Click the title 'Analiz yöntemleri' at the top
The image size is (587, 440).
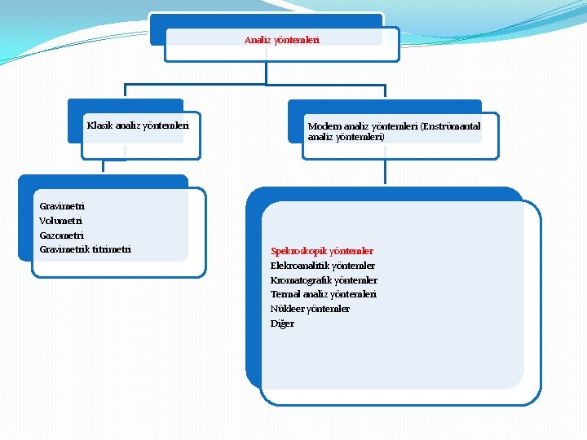tap(282, 39)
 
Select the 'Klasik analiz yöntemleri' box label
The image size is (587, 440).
tap(138, 125)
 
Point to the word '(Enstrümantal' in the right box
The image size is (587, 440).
tap(451, 126)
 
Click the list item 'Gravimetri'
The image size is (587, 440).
tap(62, 206)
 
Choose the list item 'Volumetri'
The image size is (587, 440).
tap(61, 221)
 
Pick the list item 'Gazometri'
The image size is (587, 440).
tap(62, 235)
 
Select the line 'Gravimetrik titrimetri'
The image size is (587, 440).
tap(85, 249)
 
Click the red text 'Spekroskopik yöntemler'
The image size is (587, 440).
tap(322, 251)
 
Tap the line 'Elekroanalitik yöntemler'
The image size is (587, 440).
tap(323, 266)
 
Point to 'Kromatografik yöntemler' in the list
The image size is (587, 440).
tap(324, 280)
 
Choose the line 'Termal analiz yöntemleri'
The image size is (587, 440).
tap(324, 294)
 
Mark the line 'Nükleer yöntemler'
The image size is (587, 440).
tap(310, 309)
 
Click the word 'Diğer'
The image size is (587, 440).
tap(282, 323)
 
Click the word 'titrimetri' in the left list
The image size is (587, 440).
tap(112, 249)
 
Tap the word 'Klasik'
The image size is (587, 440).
tap(99, 125)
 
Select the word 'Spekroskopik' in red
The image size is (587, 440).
tap(298, 251)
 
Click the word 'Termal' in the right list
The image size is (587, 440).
tap(285, 294)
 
